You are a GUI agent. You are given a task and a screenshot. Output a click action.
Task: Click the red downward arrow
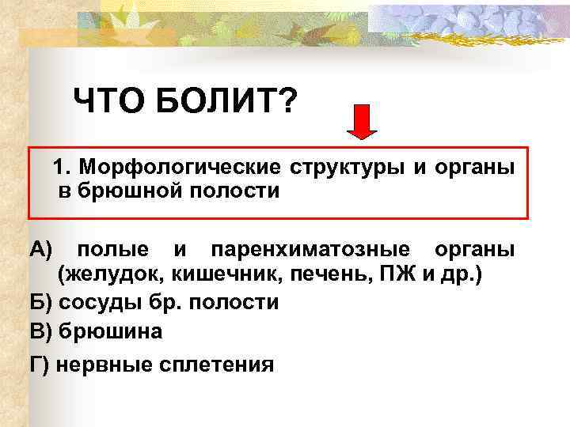(363, 121)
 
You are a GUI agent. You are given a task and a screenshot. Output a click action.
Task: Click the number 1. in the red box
(63, 168)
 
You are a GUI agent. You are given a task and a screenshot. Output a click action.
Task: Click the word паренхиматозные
(310, 250)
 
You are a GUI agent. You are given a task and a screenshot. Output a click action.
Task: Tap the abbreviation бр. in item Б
(157, 303)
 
